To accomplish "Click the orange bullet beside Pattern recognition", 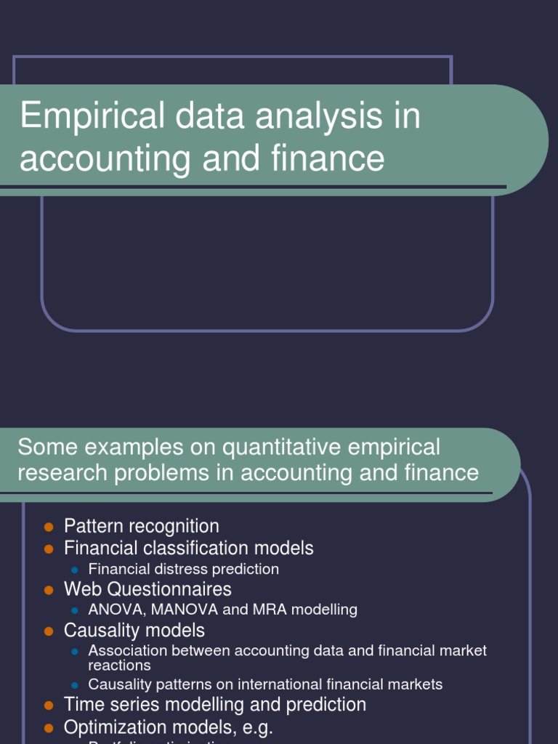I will coord(49,526).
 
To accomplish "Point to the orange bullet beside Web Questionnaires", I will coord(49,589).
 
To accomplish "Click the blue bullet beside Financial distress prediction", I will coord(74,570).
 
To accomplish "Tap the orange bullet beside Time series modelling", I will coord(49,705).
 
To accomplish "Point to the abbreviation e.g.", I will coord(258,727).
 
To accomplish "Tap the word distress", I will coord(173,569).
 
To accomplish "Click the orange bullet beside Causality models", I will coord(49,630).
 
